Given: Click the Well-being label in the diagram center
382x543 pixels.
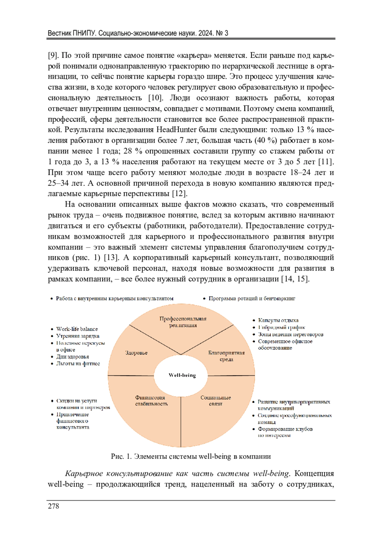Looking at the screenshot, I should pos(182,375).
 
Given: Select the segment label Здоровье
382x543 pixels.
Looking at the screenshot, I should pos(136,353).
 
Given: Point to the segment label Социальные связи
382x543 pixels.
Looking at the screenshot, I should pos(216,401).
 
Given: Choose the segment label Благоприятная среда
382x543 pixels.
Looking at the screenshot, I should pos(226,356).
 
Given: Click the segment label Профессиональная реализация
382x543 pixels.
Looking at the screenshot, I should pos(183,322).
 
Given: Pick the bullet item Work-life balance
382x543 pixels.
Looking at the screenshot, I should pos(77,329).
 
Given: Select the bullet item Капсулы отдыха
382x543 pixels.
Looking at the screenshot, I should pos(278,320).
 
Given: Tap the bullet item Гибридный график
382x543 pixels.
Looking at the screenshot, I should pos(281,327).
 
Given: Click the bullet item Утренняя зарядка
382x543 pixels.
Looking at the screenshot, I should pos(78,336).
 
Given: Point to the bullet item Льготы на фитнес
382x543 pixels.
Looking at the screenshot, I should pos(78,364).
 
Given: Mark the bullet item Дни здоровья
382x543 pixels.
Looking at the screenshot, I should pos(73,357).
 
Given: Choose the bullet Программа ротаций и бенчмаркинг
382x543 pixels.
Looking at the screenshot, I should pos(252,298).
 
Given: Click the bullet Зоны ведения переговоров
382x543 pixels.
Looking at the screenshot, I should pos(290,334).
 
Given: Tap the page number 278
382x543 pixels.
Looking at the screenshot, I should pos(53,506).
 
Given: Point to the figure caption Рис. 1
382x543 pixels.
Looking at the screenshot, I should pos(121,456).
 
